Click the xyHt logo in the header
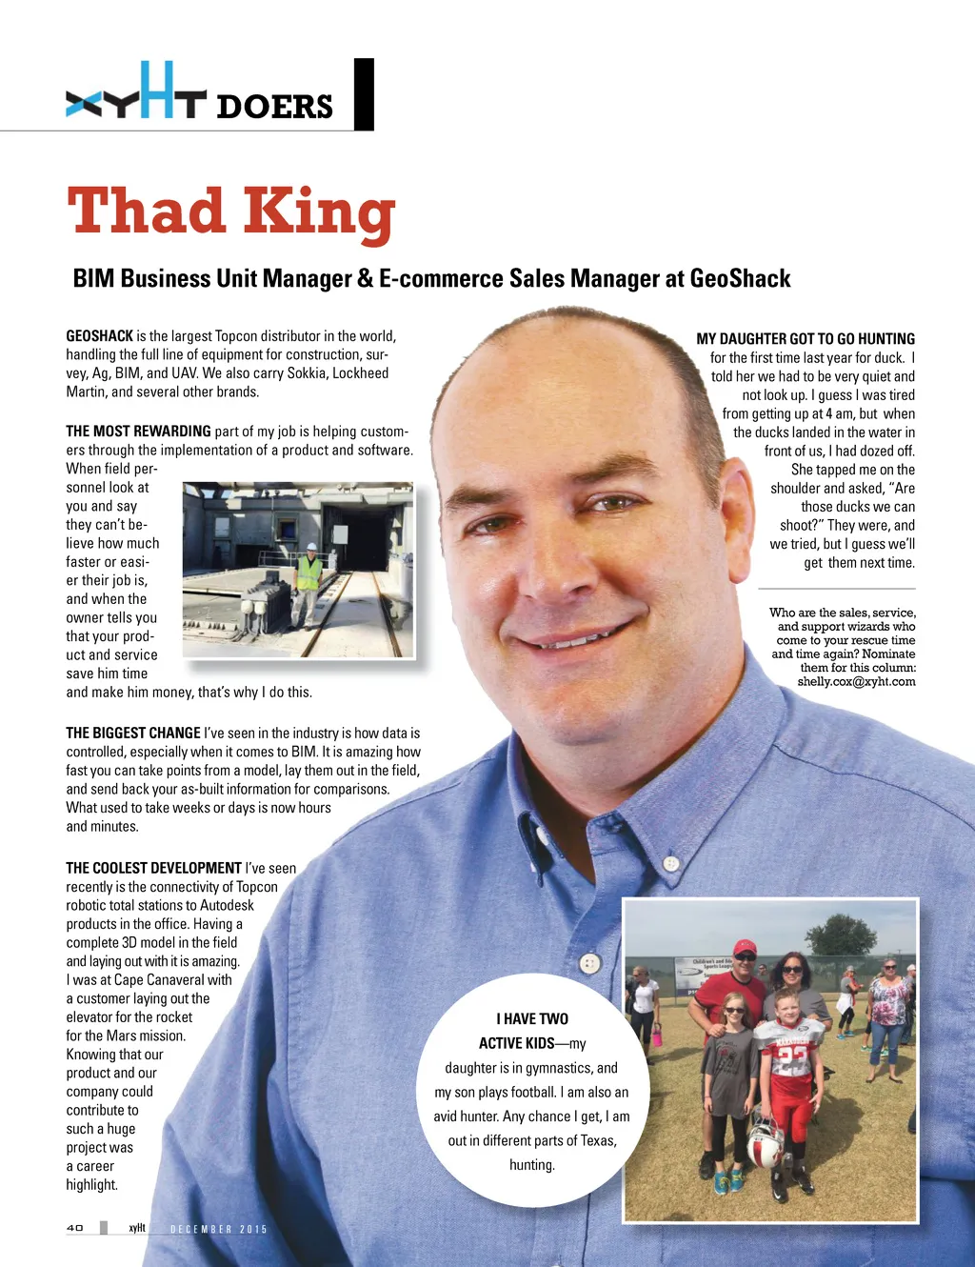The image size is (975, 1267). click(136, 95)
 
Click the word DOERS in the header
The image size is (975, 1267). click(274, 106)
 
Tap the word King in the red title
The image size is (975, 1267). click(318, 213)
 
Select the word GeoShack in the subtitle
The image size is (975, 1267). click(740, 278)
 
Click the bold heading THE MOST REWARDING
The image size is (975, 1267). click(138, 432)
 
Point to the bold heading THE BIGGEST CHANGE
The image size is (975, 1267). click(133, 733)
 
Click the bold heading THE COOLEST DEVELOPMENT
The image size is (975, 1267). click(153, 868)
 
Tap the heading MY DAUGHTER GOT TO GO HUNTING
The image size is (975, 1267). click(806, 339)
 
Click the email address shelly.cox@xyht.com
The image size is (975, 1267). click(856, 681)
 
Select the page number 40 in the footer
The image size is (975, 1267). click(75, 1228)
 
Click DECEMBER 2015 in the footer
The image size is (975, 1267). click(218, 1229)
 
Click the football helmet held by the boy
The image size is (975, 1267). click(765, 1143)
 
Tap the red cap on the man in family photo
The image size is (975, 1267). click(745, 948)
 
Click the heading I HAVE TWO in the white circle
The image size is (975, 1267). click(532, 1018)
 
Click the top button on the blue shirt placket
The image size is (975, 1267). click(670, 864)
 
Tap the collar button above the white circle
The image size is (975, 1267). click(589, 963)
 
